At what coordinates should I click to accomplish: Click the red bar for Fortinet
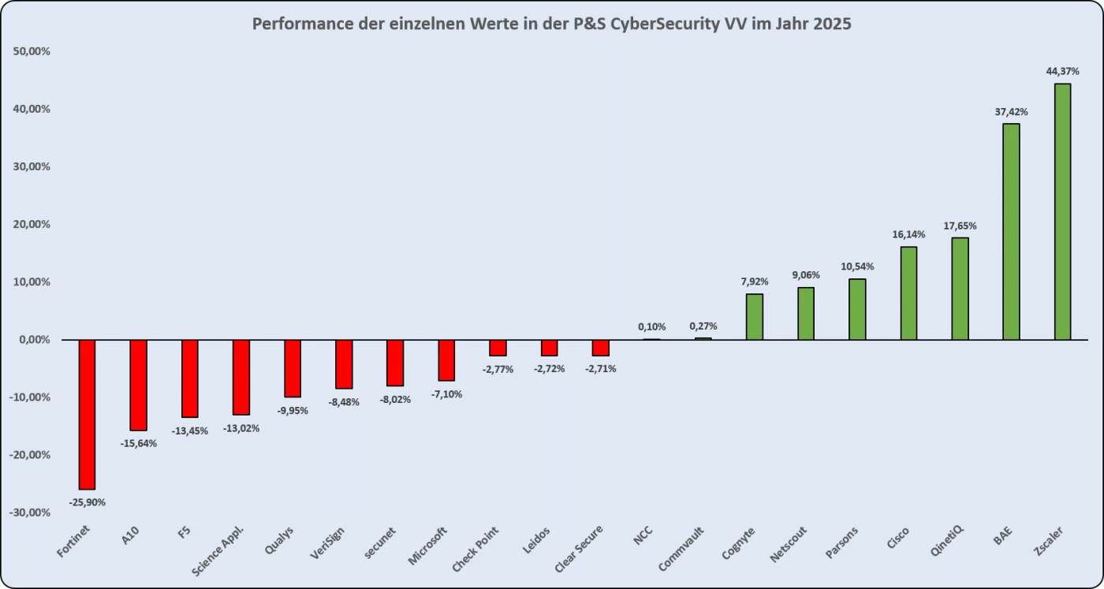coord(87,415)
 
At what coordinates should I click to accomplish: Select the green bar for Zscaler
coord(1062,211)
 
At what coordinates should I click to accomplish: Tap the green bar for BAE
coord(1011,232)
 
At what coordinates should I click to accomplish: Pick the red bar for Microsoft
coord(446,360)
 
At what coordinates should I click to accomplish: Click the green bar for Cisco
coord(908,293)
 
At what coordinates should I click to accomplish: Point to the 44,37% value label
coord(1062,71)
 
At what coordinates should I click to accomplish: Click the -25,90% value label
coord(87,502)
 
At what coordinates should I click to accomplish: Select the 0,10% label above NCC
coord(651,326)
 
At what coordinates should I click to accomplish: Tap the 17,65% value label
coord(960,226)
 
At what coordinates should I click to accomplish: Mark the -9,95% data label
coord(292,410)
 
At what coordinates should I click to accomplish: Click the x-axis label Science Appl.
coord(218,550)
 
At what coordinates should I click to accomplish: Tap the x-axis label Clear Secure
coord(580,549)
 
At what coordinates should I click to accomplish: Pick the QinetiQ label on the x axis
coord(945,542)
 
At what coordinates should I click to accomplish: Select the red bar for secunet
coord(395,363)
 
